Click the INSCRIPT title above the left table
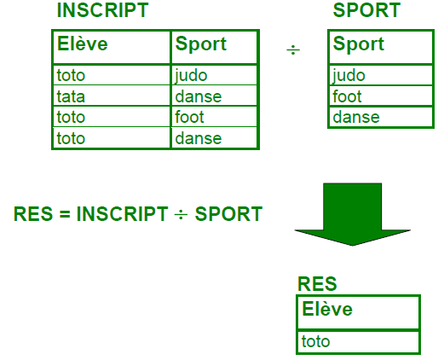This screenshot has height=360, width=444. pos(102,10)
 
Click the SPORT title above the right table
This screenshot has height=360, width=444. pos(366,10)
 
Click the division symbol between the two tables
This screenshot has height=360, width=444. pos(293,50)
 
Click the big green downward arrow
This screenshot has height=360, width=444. pos(353,214)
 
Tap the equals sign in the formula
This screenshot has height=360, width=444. pos(65,214)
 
